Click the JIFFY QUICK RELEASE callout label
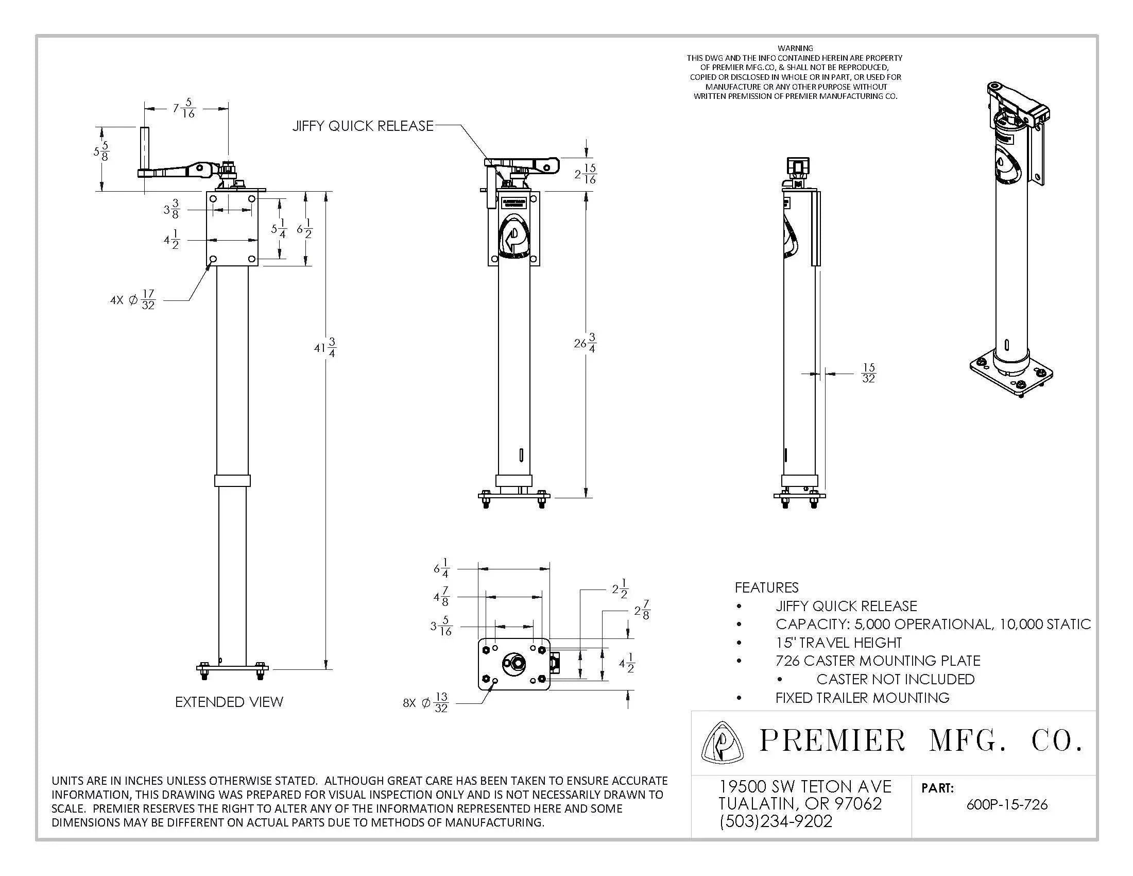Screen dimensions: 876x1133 [363, 126]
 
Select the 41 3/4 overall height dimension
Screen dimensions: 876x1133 [325, 347]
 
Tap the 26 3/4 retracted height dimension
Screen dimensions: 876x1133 [585, 343]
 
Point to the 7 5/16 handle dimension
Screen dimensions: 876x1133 [184, 108]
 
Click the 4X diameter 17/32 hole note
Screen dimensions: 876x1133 [133, 300]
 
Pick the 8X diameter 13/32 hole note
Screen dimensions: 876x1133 [426, 703]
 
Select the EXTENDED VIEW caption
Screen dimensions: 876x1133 [229, 702]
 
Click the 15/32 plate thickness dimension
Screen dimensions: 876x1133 [868, 373]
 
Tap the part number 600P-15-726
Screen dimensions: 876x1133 [1007, 805]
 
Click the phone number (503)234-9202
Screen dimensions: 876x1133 [776, 821]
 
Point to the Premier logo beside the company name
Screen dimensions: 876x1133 [722, 743]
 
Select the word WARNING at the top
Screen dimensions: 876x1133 [795, 48]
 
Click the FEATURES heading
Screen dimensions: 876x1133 [766, 587]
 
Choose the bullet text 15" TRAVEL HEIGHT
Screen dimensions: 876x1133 [838, 643]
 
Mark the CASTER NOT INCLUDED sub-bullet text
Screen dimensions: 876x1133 [895, 679]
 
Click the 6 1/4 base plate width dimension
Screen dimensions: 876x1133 [441, 568]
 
